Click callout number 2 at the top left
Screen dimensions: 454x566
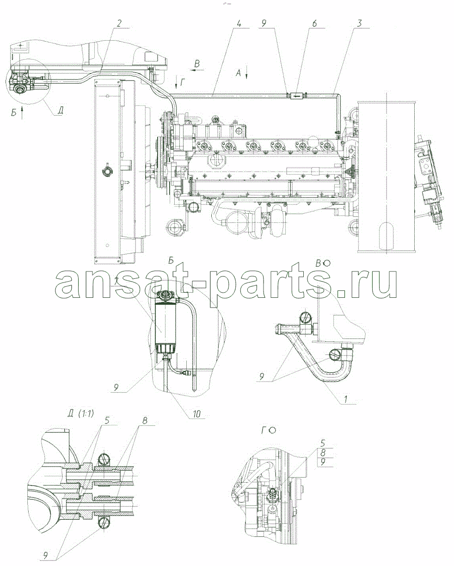pyautogui.click(x=119, y=23)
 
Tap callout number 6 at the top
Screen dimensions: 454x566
pyautogui.click(x=314, y=23)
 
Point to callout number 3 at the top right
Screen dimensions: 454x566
pyautogui.click(x=359, y=23)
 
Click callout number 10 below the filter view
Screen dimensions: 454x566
pyautogui.click(x=196, y=414)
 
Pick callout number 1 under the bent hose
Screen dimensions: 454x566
pyautogui.click(x=346, y=399)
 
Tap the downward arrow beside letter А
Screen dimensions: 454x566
pyautogui.click(x=246, y=74)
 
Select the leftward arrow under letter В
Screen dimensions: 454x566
pyautogui.click(x=197, y=70)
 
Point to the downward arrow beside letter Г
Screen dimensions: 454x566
pyautogui.click(x=177, y=84)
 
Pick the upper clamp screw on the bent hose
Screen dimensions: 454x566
pyautogui.click(x=305, y=319)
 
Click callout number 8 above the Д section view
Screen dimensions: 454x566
pyautogui.click(x=144, y=420)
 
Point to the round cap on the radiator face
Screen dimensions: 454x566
pyautogui.click(x=108, y=172)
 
